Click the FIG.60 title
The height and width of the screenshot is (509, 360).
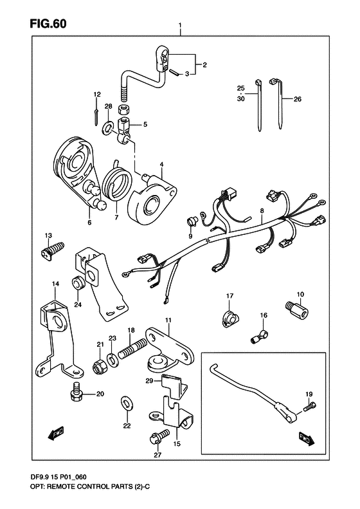[x=48, y=24]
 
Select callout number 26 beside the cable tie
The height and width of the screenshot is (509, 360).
[x=298, y=99]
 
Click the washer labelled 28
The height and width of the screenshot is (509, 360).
[x=107, y=127]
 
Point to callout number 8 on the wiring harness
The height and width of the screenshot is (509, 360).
[x=262, y=211]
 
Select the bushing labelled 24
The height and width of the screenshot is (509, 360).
[x=78, y=282]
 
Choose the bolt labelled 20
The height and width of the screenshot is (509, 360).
[x=76, y=392]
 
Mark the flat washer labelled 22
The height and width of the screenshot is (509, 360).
[x=127, y=403]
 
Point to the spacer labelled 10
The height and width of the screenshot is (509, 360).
[x=297, y=310]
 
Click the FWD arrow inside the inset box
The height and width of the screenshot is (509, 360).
[x=306, y=438]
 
